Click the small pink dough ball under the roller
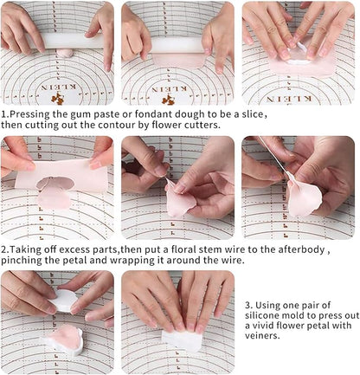pos(65,53)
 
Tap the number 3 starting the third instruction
pos(247,305)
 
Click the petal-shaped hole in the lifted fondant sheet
pos(55,183)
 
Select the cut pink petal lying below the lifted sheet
pos(55,198)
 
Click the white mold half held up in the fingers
pos(64,301)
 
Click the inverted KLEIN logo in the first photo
pos(59,87)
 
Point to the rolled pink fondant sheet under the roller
pos(179,60)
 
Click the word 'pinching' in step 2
pos(20,261)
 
